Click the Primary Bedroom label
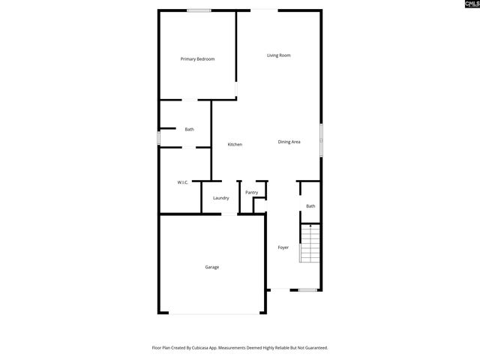pos(198,58)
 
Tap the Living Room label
pos(279,55)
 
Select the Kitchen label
pos(235,144)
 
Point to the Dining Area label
pos(289,142)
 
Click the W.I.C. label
pos(182,182)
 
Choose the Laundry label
pos(220,198)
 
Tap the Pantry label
pos(251,193)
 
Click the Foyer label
pos(283,247)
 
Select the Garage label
pos(212,267)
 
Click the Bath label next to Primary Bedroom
pos(190,130)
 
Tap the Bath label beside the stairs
pos(310,206)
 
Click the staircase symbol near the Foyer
pos(310,244)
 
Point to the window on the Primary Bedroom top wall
pos(199,10)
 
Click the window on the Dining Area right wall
pos(322,140)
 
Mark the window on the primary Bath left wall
pos(158,139)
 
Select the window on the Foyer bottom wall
pos(307,289)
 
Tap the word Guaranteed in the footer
pos(314,347)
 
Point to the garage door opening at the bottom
pos(212,313)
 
